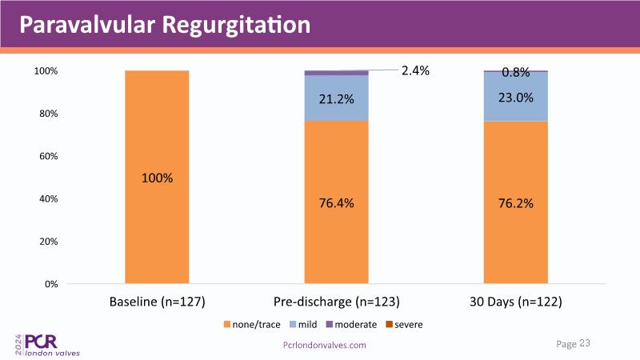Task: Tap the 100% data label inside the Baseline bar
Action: tap(158, 178)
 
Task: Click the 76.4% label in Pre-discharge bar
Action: tap(336, 203)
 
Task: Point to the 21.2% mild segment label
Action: tap(336, 99)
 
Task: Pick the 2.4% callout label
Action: tap(415, 70)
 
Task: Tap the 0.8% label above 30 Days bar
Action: tap(516, 73)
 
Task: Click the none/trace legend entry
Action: tap(253, 325)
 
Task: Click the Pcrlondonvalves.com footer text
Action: tap(325, 344)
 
